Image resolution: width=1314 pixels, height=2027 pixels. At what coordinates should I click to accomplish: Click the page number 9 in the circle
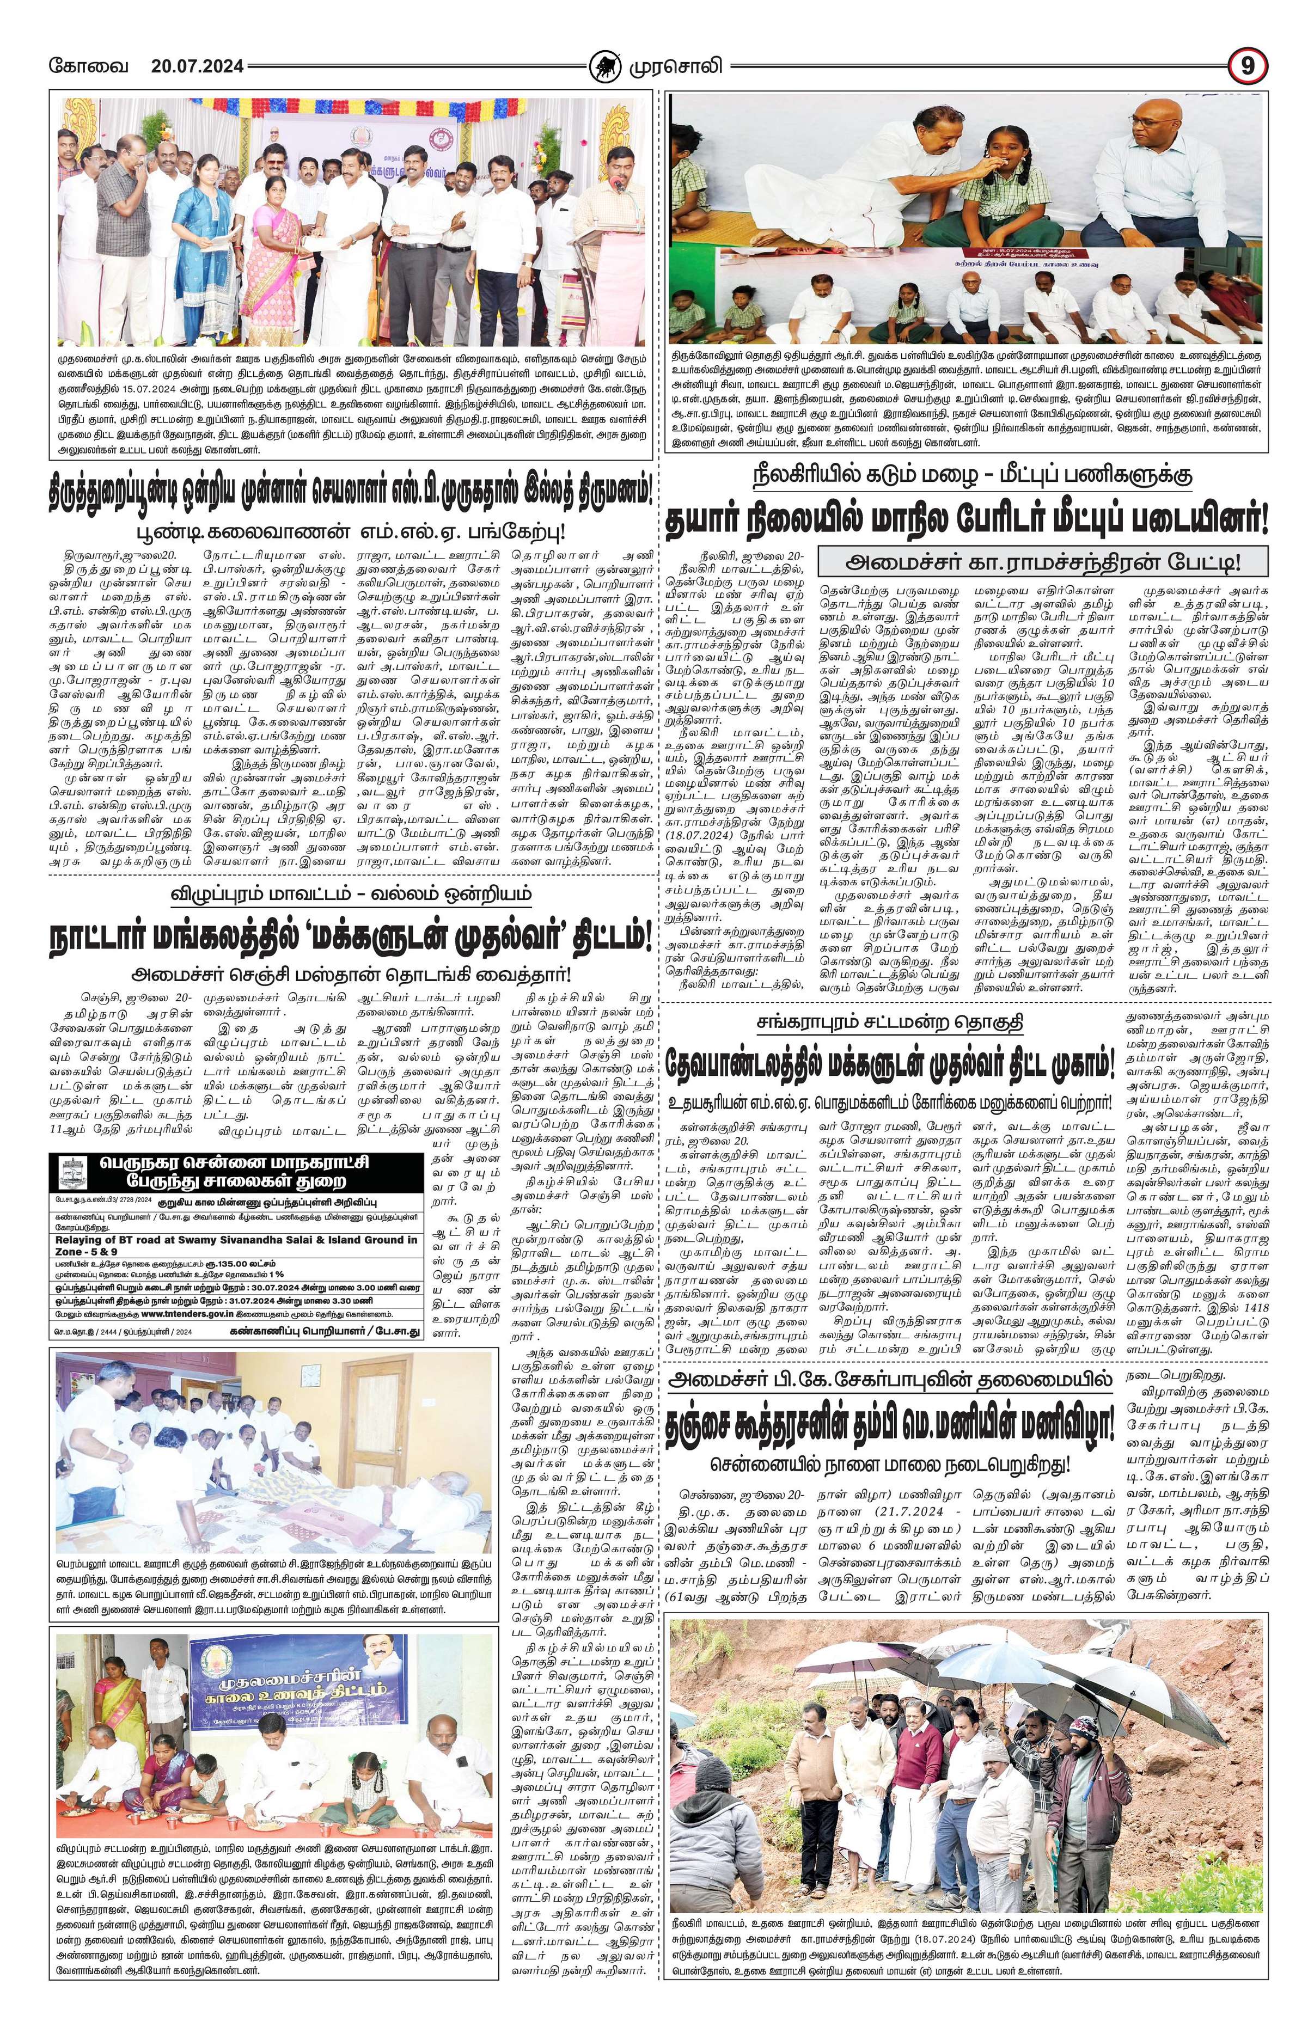(x=1246, y=65)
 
